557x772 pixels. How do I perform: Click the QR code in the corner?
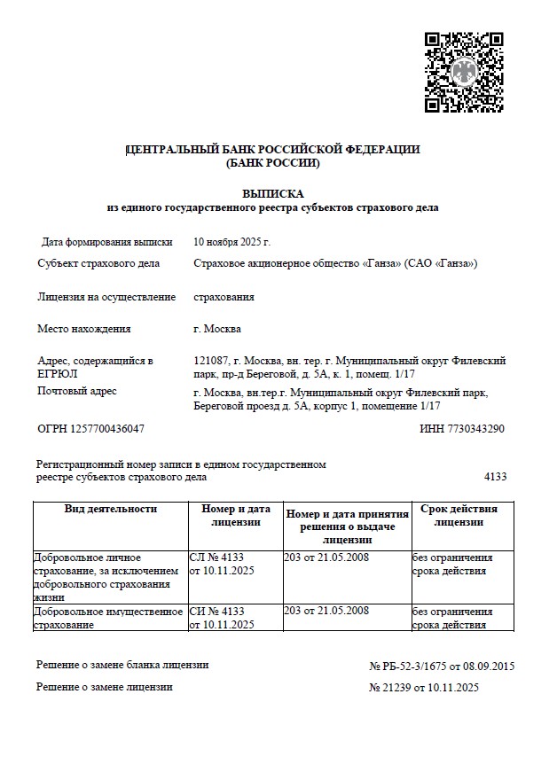point(464,72)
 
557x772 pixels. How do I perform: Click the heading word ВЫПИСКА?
point(272,193)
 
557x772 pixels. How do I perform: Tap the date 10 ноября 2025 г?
point(231,241)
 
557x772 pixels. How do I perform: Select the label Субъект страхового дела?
point(98,263)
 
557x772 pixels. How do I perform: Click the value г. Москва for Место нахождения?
point(216,329)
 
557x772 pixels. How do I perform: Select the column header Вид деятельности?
point(111,509)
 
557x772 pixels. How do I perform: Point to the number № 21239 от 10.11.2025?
point(424,687)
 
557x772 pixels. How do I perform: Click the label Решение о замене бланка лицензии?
point(122,665)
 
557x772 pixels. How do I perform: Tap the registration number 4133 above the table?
point(495,477)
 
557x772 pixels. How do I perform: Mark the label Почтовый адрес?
point(77,391)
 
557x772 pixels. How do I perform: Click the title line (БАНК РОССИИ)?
point(272,163)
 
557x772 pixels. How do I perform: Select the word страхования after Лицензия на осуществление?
point(224,297)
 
